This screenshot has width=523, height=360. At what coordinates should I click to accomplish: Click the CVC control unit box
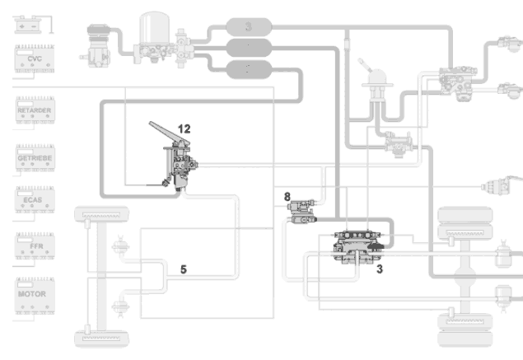click(34, 60)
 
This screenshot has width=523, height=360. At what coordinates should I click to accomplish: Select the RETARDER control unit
click(34, 111)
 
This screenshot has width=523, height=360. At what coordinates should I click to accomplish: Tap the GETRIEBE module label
click(34, 157)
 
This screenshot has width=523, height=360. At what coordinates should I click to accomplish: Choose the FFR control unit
click(34, 246)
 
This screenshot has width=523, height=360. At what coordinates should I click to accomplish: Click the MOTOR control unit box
click(34, 294)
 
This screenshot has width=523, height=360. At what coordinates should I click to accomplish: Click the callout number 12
click(184, 129)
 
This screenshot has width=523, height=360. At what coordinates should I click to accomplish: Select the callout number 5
click(184, 269)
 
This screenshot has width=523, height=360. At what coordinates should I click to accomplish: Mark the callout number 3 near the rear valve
click(378, 269)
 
